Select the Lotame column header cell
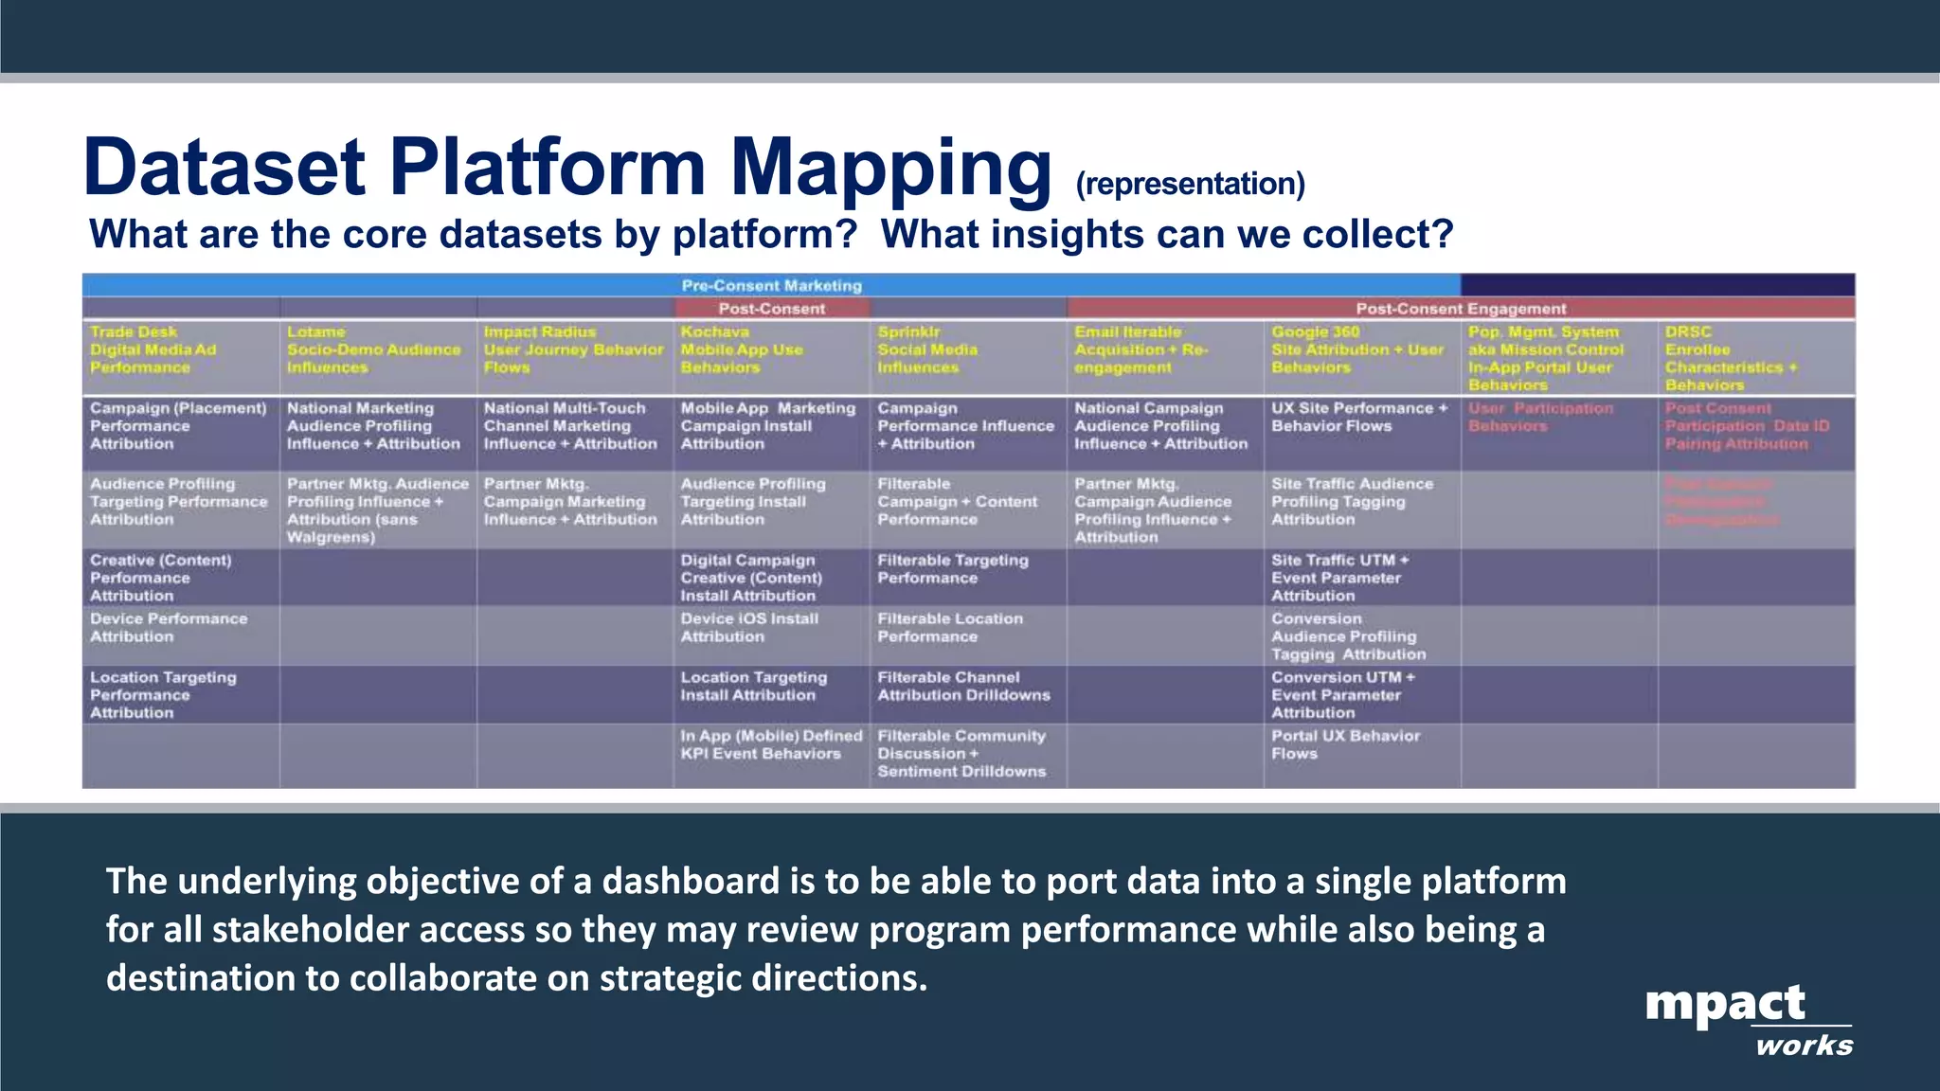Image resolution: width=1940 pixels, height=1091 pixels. [373, 349]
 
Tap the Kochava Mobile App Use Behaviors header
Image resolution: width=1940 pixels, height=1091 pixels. [742, 349]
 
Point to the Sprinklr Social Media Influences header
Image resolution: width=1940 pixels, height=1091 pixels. [926, 349]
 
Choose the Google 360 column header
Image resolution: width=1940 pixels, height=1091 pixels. [1356, 349]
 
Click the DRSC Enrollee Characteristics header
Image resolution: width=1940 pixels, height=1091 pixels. [1731, 358]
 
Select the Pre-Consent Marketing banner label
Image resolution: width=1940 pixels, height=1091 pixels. [771, 285]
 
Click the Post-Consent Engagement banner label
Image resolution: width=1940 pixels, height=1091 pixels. [1460, 309]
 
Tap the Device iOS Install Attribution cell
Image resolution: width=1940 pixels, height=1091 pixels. [748, 627]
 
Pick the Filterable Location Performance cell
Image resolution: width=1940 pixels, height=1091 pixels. [949, 627]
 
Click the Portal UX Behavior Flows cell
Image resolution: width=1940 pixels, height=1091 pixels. [1344, 744]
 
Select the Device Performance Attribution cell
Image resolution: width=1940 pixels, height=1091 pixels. [168, 627]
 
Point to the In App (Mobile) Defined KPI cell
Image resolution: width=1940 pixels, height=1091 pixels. [770, 744]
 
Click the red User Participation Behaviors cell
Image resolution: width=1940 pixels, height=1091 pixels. [1539, 417]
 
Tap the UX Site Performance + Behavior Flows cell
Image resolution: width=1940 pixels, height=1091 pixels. [1358, 417]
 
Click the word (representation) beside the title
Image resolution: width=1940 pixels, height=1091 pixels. [1190, 184]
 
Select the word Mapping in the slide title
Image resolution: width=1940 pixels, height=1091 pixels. [889, 168]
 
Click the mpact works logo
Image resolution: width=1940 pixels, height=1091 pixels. [1748, 1019]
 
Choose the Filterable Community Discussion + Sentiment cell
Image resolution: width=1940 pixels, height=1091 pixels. [961, 754]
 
